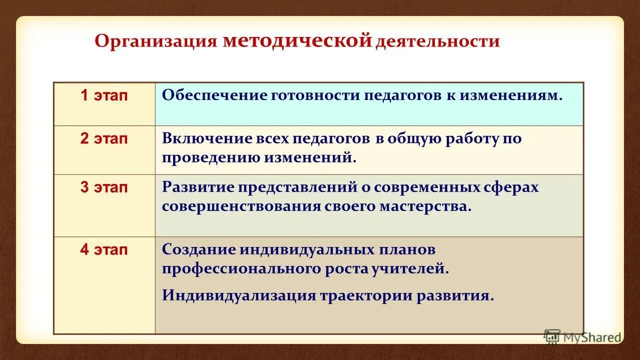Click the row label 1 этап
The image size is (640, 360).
[104, 96]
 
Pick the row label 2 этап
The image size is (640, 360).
[104, 139]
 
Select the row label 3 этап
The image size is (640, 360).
[104, 187]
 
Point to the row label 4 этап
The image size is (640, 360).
[104, 249]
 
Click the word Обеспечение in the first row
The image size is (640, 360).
[214, 95]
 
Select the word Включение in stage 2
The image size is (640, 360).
[205, 139]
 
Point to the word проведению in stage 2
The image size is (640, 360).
[211, 158]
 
